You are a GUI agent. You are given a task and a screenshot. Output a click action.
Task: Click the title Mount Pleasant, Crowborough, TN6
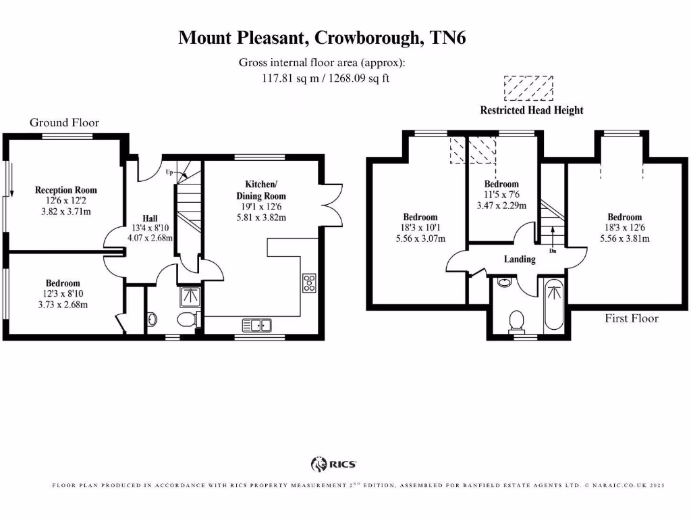coord(322,38)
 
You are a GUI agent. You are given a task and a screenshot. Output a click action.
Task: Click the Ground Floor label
coord(64,122)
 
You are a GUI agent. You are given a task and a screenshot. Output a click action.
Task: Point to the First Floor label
coord(631,318)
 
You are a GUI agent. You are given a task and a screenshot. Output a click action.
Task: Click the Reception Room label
coord(66,191)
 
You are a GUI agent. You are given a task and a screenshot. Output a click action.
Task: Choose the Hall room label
coord(150,218)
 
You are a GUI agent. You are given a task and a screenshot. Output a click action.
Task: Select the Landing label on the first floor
coord(520,259)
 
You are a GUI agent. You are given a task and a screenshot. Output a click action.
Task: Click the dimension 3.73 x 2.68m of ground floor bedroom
coord(63,304)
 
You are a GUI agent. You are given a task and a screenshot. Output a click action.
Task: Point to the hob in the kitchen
coord(310,282)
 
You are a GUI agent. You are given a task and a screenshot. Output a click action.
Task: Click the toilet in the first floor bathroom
coord(518,318)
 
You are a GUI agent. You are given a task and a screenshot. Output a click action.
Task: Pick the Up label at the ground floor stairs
coord(170,172)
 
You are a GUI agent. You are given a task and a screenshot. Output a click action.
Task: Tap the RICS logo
coord(333,464)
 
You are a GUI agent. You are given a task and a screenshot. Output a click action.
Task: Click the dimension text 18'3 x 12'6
coord(624,228)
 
